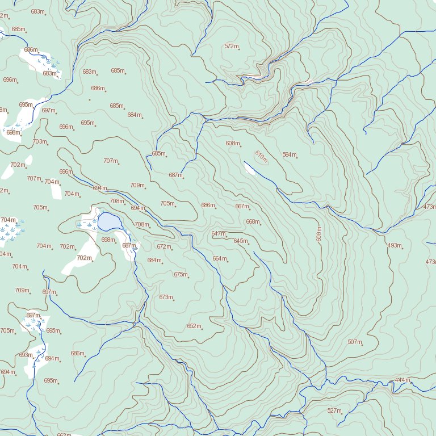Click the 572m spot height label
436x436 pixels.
[x=231, y=46]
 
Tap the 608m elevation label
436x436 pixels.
[x=232, y=143]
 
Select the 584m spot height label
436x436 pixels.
[x=289, y=154]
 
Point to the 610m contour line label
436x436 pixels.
[x=261, y=157]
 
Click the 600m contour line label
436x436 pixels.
[x=319, y=234]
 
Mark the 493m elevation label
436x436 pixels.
[x=394, y=245]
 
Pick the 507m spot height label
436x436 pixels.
[x=354, y=342]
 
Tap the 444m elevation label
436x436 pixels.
[x=402, y=380]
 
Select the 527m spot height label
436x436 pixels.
[x=334, y=410]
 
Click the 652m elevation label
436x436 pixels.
[x=194, y=326]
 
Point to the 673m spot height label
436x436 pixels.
[x=165, y=297]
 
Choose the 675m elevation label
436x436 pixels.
[x=181, y=274]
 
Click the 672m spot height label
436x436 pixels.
[x=163, y=246]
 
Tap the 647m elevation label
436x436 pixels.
[x=218, y=233]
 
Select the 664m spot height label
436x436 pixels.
[x=219, y=258]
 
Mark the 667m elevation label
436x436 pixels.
[x=242, y=206]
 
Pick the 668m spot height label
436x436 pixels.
[x=252, y=221]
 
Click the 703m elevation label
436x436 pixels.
[x=39, y=141]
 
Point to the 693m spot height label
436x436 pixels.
[x=26, y=355]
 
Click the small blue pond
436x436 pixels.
[x=107, y=221]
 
